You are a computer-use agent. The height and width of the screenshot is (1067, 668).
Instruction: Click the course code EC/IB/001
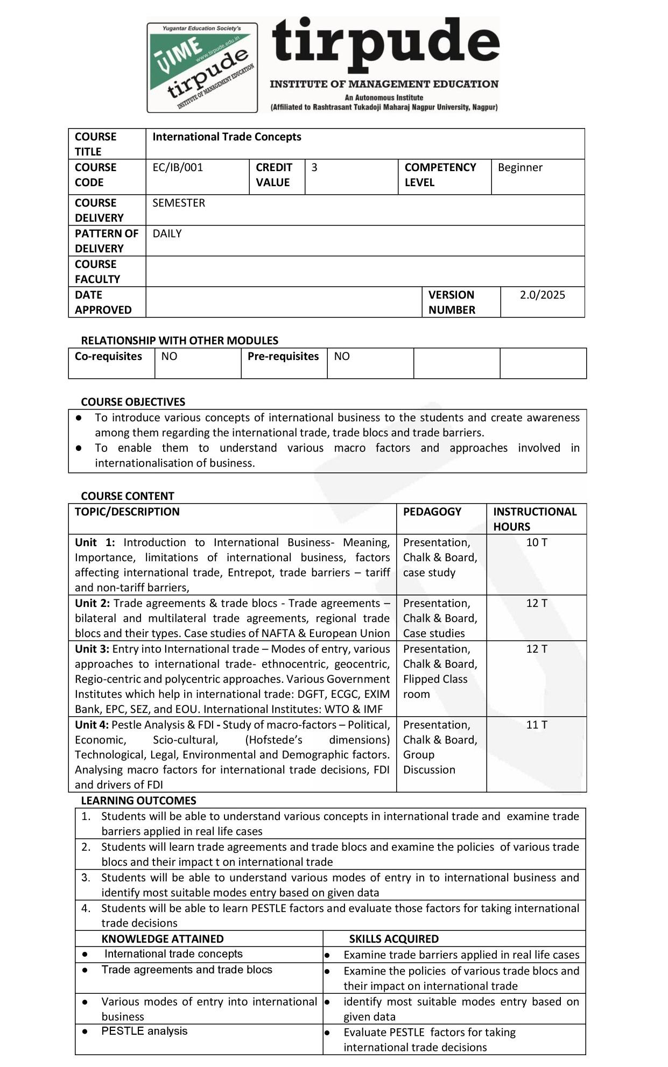178,167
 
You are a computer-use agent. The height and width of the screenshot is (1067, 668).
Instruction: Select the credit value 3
314,167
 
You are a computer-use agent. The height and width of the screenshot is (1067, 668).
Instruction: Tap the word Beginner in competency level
520,167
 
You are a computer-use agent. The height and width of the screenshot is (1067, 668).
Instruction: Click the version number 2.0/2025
542,295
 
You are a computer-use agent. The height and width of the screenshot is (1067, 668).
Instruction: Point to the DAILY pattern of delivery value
167,234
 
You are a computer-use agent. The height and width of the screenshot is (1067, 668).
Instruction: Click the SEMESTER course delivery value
179,203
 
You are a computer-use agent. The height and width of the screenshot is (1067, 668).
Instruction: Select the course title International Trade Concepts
227,137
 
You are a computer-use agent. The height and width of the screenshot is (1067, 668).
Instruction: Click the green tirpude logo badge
202,68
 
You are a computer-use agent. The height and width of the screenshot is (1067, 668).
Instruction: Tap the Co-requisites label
108,356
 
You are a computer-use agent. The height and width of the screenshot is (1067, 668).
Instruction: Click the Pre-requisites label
283,356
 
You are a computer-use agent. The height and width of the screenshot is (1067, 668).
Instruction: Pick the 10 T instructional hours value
536,542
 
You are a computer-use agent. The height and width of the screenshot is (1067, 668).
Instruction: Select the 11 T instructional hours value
536,725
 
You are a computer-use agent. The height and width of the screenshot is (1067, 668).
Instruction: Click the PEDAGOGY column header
432,512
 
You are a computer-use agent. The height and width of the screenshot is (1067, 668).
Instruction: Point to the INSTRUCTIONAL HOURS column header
535,519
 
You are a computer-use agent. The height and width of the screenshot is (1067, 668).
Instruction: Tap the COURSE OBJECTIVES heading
133,402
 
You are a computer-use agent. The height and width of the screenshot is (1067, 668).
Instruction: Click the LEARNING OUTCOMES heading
138,801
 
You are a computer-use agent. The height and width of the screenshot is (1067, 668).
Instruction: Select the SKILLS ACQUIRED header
393,939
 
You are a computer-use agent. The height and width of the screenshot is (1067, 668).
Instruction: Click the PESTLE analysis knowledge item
144,1031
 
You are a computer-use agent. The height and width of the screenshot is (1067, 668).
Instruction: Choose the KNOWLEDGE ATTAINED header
163,939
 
